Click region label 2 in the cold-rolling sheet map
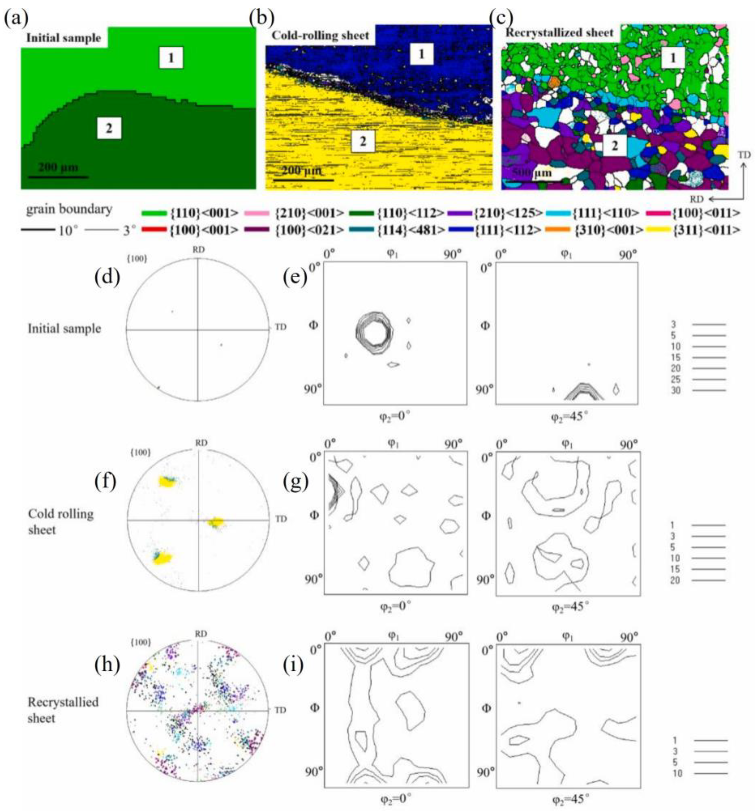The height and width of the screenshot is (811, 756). pos(362,141)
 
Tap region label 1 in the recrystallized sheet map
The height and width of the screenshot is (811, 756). pos(672,58)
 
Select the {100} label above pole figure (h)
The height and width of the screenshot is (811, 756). pos(140,642)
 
